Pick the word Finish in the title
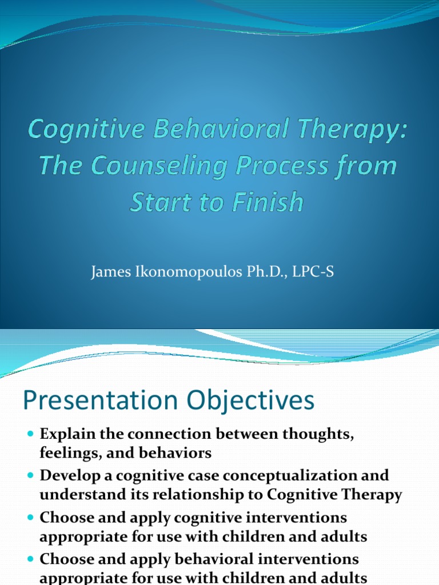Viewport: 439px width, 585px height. tap(269, 202)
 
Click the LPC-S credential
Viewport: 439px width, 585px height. tap(313, 273)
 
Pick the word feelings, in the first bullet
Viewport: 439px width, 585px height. tap(66, 454)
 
